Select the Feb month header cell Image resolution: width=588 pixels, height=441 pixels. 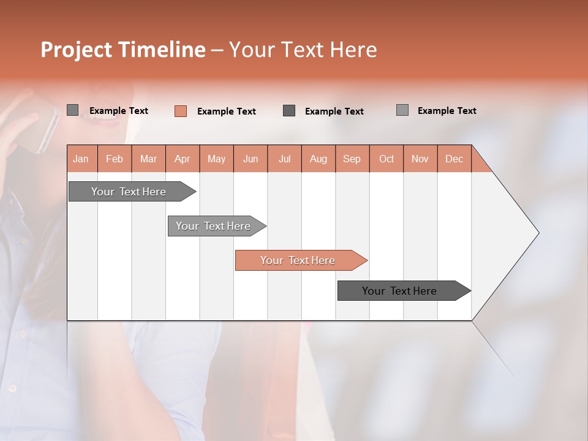pyautogui.click(x=115, y=159)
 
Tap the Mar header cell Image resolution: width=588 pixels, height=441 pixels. pyautogui.click(x=148, y=159)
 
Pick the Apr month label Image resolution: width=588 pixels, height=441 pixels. pyautogui.click(x=183, y=159)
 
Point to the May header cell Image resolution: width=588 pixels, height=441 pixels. pyautogui.click(x=216, y=159)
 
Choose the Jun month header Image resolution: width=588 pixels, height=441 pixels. pyautogui.click(x=251, y=159)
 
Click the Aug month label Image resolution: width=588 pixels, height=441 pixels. pyautogui.click(x=318, y=159)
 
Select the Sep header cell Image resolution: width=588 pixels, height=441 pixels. pyautogui.click(x=352, y=159)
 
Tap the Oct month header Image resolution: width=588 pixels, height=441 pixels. pyautogui.click(x=386, y=159)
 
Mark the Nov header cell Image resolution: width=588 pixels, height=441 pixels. pyautogui.click(x=420, y=159)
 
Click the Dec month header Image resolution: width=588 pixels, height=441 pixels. pyautogui.click(x=454, y=159)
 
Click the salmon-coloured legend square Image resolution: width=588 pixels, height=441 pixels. pyautogui.click(x=181, y=111)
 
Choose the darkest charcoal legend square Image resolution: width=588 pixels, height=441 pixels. pyautogui.click(x=289, y=111)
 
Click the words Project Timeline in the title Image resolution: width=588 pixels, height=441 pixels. pyautogui.click(x=123, y=50)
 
